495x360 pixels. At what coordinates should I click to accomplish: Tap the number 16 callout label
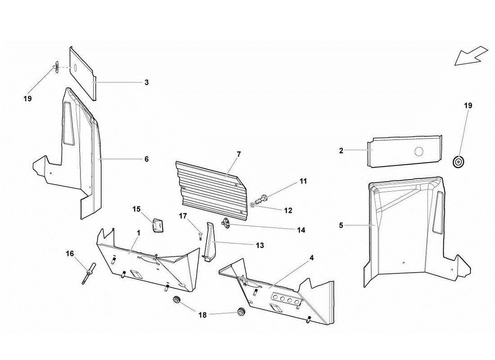(x=70, y=254)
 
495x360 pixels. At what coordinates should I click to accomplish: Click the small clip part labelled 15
(x=158, y=225)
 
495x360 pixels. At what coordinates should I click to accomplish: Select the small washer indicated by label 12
(x=253, y=205)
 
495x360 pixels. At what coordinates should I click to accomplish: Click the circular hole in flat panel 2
(x=419, y=152)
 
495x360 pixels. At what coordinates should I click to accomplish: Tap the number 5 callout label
(x=341, y=225)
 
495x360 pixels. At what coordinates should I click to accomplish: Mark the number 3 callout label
(x=147, y=82)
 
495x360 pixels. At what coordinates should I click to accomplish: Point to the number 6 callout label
(x=146, y=159)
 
